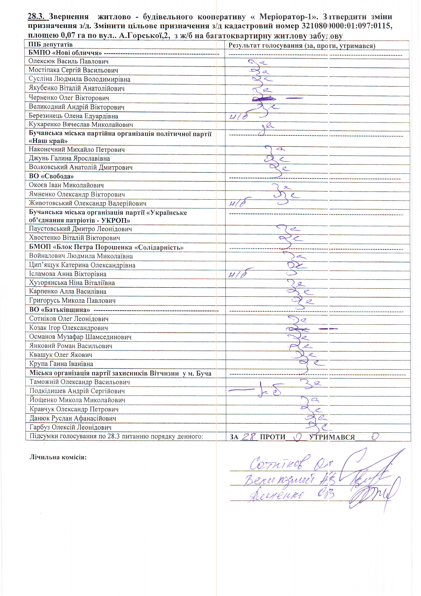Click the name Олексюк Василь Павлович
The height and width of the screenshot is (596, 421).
point(68,62)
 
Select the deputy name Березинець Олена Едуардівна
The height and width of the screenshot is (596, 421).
point(73,116)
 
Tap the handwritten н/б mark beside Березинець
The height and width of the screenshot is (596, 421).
point(238,117)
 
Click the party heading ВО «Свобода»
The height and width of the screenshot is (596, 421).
point(51,176)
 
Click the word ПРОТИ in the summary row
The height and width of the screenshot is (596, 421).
point(272,437)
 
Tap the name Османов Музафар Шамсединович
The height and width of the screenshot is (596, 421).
point(80,337)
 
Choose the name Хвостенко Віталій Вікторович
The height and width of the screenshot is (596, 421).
point(75,238)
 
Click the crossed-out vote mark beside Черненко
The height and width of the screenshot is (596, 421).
point(263,99)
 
